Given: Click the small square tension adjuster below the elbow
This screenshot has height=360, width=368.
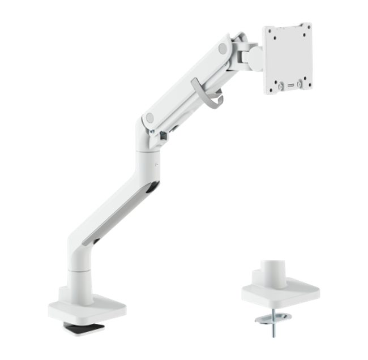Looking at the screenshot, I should (x=163, y=135).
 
